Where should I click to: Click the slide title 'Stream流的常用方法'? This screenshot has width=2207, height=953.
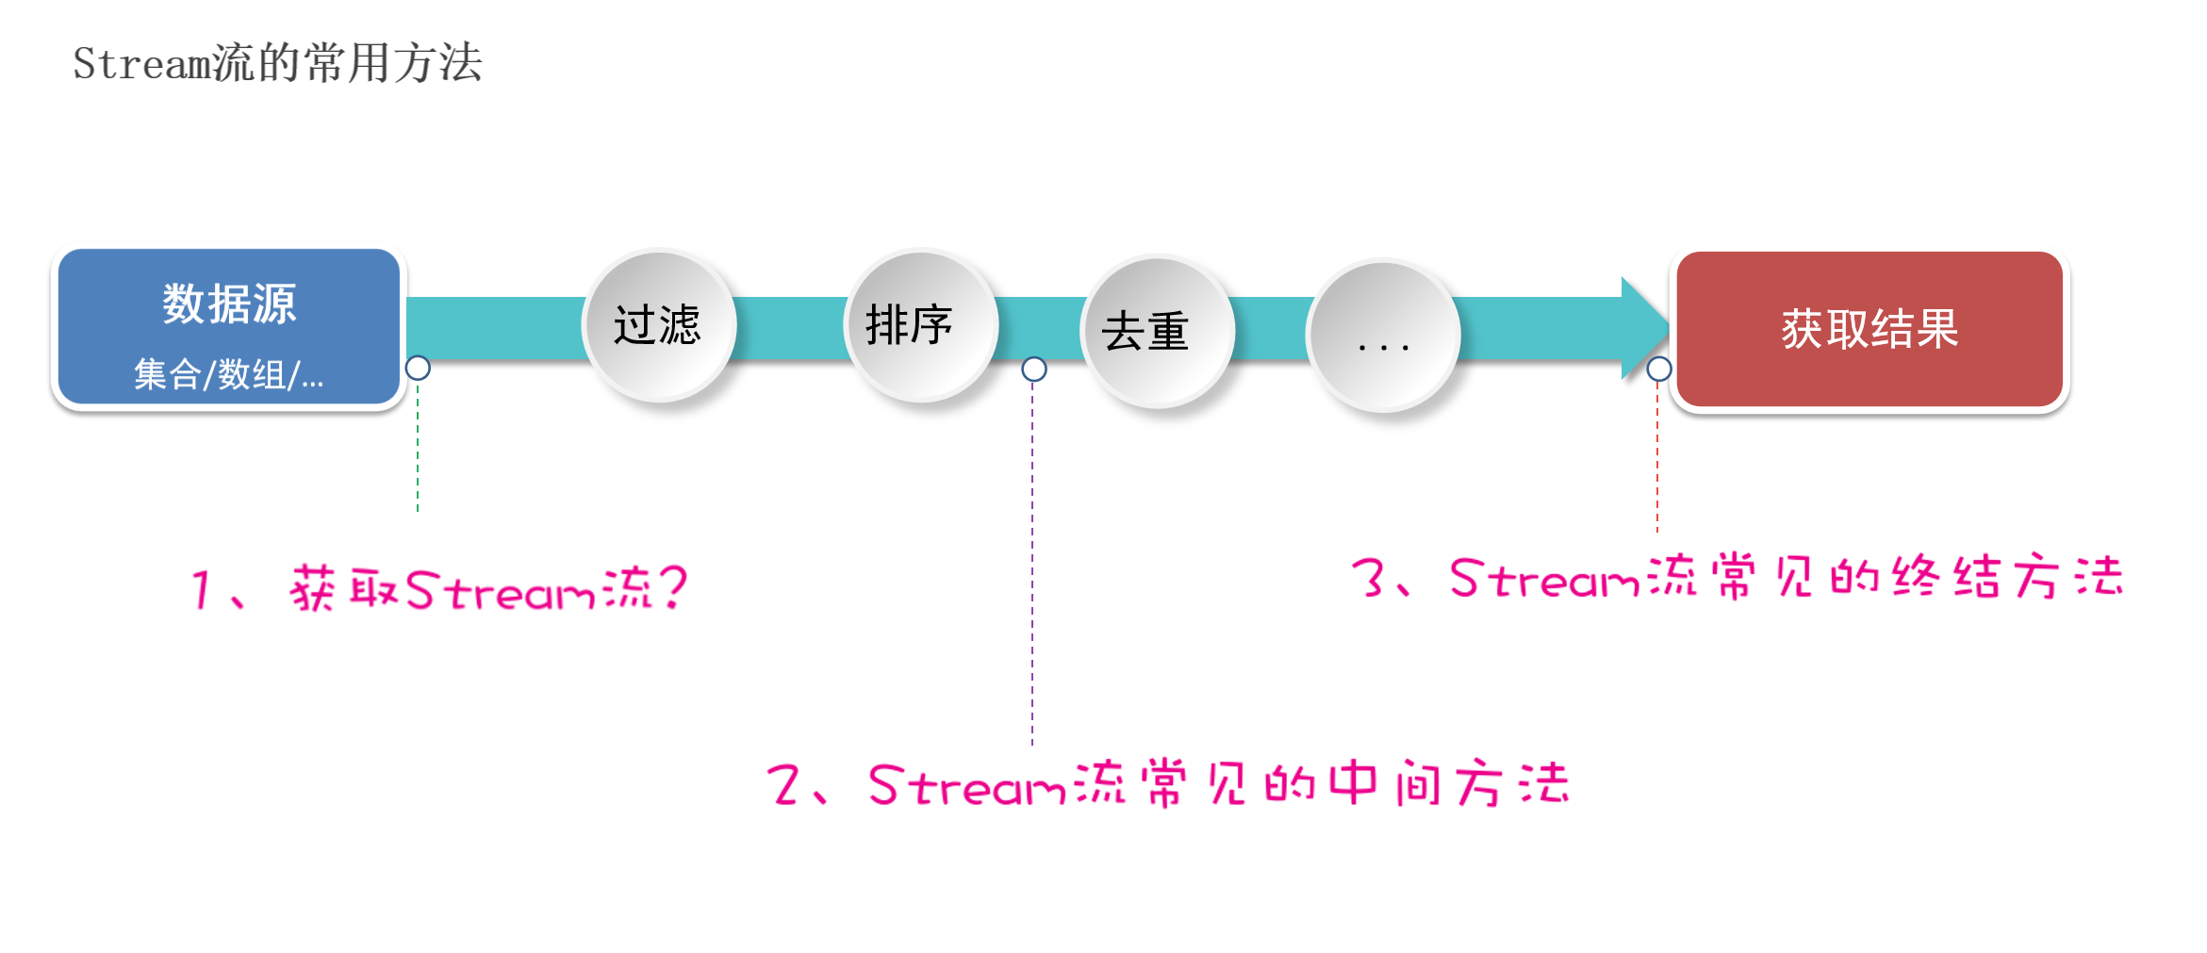(277, 64)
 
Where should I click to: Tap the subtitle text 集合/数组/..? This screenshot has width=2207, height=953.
(228, 375)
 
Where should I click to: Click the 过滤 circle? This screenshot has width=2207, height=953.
(658, 325)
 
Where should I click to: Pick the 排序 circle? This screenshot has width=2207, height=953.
(920, 325)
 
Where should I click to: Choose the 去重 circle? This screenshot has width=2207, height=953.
(1157, 331)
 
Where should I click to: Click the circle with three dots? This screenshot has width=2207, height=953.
(1383, 336)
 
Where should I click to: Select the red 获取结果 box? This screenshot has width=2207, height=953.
(1869, 329)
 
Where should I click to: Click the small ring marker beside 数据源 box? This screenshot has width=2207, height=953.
(418, 368)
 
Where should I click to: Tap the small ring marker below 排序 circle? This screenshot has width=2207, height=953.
(1034, 369)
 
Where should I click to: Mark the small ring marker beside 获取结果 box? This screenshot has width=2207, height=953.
(1659, 369)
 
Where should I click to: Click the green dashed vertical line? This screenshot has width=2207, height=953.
(418, 448)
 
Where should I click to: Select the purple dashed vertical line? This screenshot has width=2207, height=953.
(1032, 566)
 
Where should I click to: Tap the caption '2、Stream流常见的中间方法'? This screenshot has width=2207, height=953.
(1170, 784)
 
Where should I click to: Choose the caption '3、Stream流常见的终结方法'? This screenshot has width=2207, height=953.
(1738, 578)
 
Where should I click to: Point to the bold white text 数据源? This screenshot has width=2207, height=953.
(229, 304)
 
